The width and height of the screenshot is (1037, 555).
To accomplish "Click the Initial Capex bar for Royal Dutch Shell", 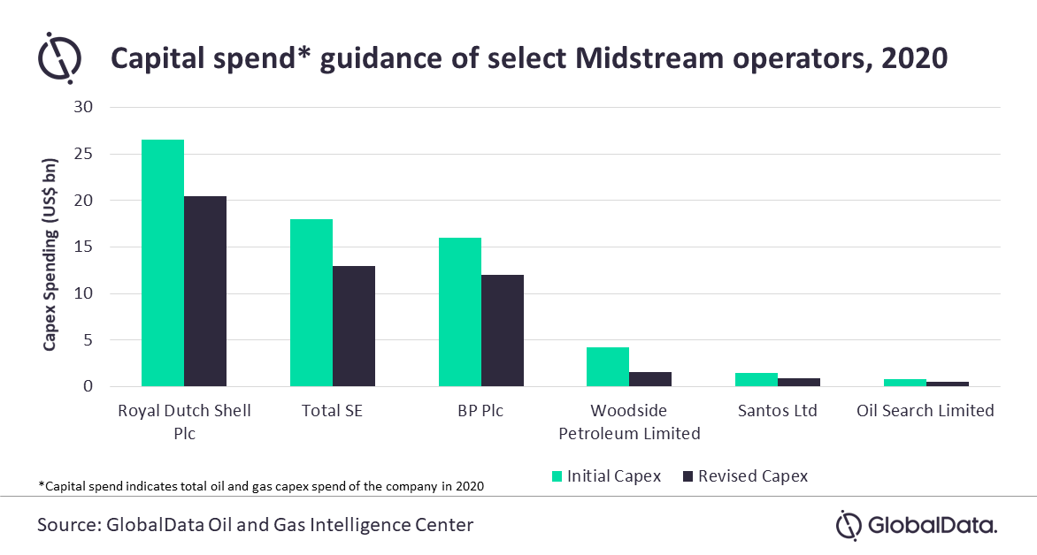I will pos(163,263).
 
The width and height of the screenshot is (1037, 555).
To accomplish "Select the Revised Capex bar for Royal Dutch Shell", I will pos(205,292).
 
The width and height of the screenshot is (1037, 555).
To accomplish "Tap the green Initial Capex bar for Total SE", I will pos(311,303).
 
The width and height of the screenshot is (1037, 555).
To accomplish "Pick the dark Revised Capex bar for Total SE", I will pos(354,326).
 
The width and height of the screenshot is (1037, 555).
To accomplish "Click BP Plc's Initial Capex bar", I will pos(460,312).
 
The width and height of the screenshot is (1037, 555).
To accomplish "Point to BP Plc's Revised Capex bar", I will pos(503,331).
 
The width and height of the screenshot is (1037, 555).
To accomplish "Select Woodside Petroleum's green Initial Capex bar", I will pos(608,367).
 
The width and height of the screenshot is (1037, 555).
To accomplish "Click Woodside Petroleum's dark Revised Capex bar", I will pos(650,379).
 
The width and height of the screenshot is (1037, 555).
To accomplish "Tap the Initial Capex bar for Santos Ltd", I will pos(757,380).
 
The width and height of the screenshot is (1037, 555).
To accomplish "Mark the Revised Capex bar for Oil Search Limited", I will pos(948,384).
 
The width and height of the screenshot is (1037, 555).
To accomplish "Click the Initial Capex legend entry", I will pos(607,476).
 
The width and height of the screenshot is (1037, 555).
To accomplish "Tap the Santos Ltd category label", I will pos(777,410).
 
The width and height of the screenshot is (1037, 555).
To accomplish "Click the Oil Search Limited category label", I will pos(926,410).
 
